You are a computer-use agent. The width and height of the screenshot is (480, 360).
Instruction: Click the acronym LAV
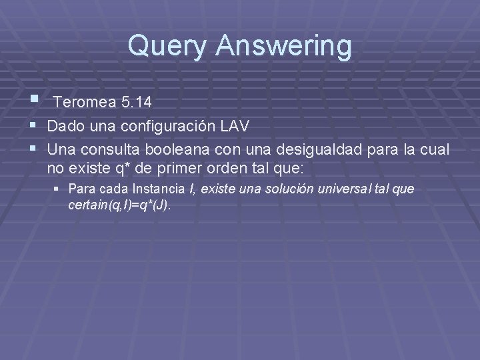[x=235, y=125]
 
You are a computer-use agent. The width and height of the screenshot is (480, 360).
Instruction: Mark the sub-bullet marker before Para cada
[x=59, y=189]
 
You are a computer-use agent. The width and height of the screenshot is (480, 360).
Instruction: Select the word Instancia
[x=157, y=189]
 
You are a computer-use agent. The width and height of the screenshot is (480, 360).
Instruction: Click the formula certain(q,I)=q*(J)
[x=120, y=206]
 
